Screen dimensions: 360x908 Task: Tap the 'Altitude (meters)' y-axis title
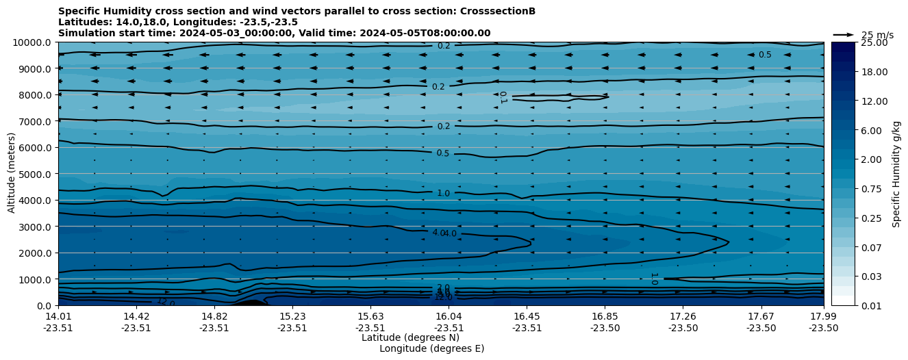pyautogui.click(x=12, y=174)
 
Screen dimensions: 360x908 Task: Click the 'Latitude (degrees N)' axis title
pyautogui.click(x=410, y=337)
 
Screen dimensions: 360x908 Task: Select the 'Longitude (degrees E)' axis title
pyautogui.click(x=431, y=348)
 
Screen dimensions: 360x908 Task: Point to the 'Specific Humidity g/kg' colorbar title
pyautogui.click(x=897, y=174)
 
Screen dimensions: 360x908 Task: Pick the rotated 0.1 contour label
pyautogui.click(x=503, y=98)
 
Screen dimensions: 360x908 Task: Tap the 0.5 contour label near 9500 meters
pyautogui.click(x=764, y=55)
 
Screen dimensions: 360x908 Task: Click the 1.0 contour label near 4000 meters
pyautogui.click(x=443, y=194)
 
